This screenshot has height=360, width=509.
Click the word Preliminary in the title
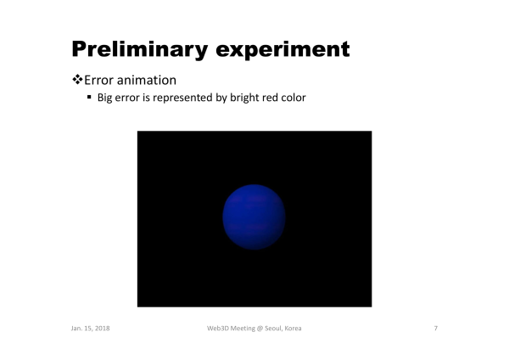pyautogui.click(x=140, y=50)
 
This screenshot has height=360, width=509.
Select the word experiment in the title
pyautogui.click(x=282, y=50)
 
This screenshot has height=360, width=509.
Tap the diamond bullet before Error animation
pyautogui.click(x=77, y=80)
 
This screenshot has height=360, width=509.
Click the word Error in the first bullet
pyautogui.click(x=98, y=81)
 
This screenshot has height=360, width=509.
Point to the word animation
pyautogui.click(x=147, y=81)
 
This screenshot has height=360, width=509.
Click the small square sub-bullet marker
pyautogui.click(x=89, y=97)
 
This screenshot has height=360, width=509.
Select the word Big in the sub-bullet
pyautogui.click(x=104, y=98)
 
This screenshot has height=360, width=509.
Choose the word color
pyautogui.click(x=294, y=98)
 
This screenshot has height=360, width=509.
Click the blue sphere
pyautogui.click(x=254, y=217)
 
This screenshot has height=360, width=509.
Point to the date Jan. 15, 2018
pyautogui.click(x=90, y=328)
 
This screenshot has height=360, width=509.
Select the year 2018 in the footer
pyautogui.click(x=103, y=328)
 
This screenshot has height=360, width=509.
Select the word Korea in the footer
pyautogui.click(x=294, y=328)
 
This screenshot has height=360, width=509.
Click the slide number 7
pyautogui.click(x=436, y=328)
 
